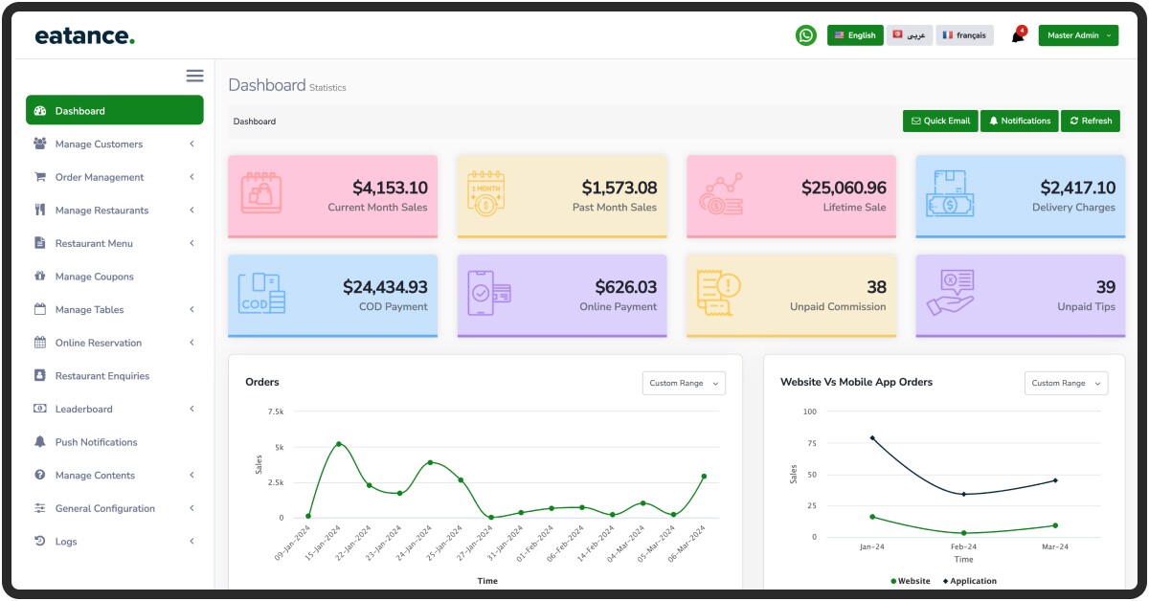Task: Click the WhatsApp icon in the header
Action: point(806,35)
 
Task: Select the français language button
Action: point(964,35)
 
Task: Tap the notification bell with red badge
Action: point(1018,36)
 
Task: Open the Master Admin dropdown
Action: point(1078,35)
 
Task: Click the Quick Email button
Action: point(940,121)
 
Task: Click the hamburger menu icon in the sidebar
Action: point(194,76)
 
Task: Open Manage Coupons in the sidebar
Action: point(94,277)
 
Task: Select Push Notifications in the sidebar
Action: point(96,442)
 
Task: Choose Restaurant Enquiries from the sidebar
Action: point(101,376)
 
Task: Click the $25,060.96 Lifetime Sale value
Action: point(844,188)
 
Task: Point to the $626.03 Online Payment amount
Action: point(625,287)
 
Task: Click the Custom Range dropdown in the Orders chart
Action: point(684,383)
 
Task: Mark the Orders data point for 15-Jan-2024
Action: point(338,444)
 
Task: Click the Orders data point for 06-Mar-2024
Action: point(704,476)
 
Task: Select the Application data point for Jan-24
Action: point(872,437)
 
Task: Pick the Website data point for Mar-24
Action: point(1055,525)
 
